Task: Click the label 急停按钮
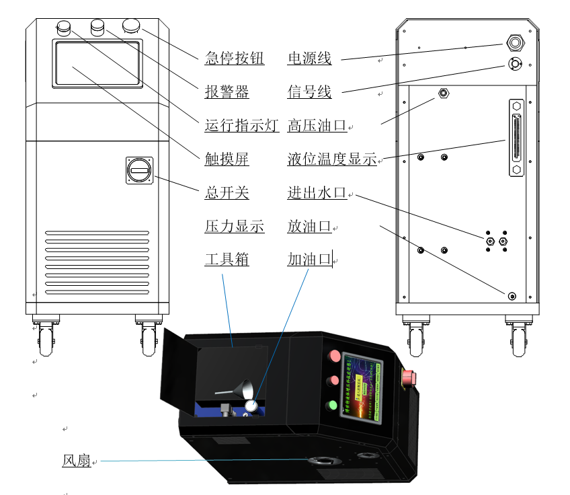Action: (234, 59)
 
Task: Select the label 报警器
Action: (227, 91)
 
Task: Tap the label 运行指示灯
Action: (241, 125)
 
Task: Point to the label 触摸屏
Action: (227, 159)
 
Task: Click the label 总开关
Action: (227, 193)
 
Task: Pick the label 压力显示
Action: (234, 227)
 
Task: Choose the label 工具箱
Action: (227, 260)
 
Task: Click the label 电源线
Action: (309, 59)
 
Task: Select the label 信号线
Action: (309, 91)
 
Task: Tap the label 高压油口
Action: (317, 125)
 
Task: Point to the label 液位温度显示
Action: (331, 159)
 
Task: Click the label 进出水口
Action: (317, 193)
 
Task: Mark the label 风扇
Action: (76, 461)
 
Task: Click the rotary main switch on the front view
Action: (140, 169)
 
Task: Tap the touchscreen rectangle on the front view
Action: (97, 63)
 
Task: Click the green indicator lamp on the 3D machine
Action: (331, 406)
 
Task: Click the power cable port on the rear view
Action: (516, 42)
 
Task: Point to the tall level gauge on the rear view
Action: (516, 137)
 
